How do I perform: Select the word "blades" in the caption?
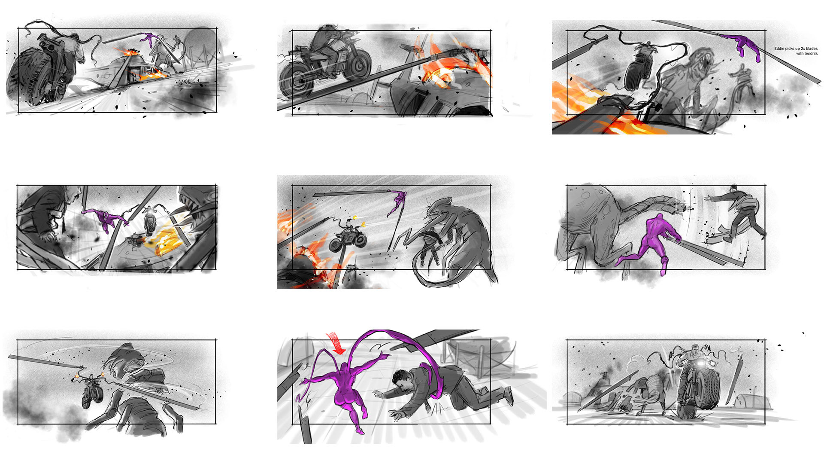point(812,49)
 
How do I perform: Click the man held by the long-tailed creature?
point(429,247)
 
